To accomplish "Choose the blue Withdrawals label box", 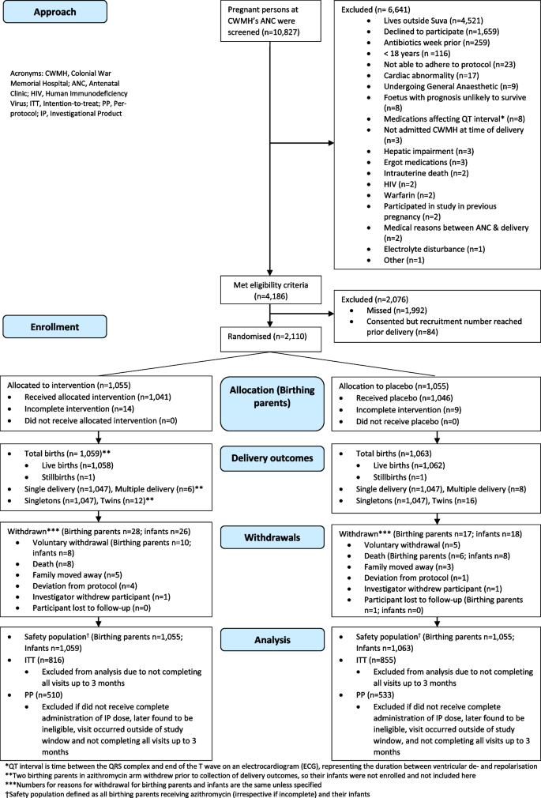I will (271, 537).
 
